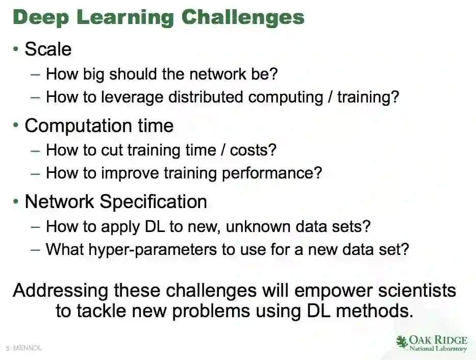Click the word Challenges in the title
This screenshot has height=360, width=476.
(243, 17)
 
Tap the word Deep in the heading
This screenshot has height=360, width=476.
(41, 17)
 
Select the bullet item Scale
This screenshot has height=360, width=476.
(48, 49)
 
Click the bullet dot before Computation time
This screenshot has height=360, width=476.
(16, 125)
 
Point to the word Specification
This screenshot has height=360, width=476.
(153, 202)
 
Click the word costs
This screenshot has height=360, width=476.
(253, 150)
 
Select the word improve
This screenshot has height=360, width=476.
(130, 173)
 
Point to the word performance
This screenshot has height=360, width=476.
(272, 173)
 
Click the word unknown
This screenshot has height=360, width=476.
(258, 226)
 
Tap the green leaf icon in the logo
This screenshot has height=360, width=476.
(402, 342)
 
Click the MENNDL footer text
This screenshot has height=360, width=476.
(28, 348)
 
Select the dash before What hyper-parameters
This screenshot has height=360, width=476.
(35, 250)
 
